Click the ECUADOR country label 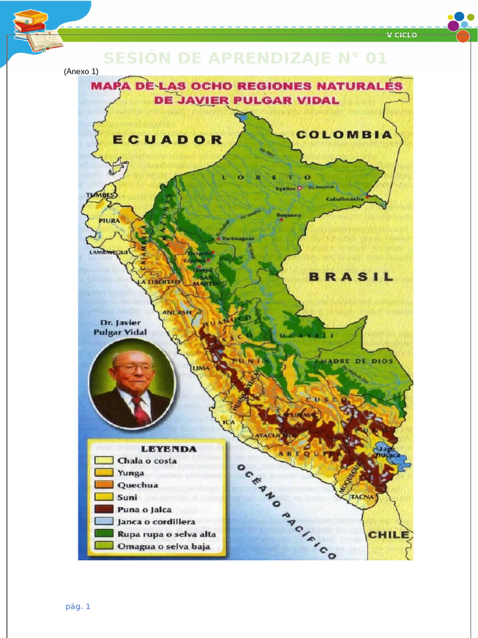tap(167, 140)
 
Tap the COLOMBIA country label tap(344, 135)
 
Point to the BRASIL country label tap(351, 276)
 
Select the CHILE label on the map tap(389, 535)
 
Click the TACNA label tap(362, 497)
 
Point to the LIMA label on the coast tap(201, 368)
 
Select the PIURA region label tap(109, 221)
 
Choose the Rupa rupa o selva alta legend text tap(167, 534)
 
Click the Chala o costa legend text tap(147, 460)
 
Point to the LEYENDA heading tap(169, 448)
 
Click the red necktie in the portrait tap(141, 411)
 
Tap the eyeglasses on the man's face tap(133, 368)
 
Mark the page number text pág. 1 tap(78, 606)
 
